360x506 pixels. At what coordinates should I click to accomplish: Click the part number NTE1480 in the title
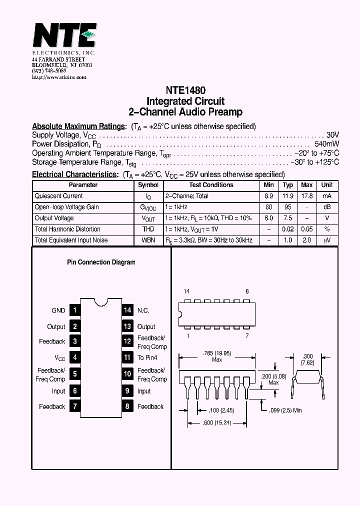pyautogui.click(x=185, y=91)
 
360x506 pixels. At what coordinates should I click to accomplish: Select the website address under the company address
pyautogui.click(x=59, y=77)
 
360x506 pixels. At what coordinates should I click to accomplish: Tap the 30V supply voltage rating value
pyautogui.click(x=332, y=135)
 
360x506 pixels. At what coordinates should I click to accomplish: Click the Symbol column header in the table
pyautogui.click(x=148, y=185)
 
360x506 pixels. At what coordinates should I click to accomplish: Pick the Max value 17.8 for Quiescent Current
pyautogui.click(x=306, y=196)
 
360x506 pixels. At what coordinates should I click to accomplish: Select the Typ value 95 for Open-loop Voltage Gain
pyautogui.click(x=288, y=207)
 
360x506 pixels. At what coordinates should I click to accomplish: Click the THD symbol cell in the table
pyautogui.click(x=148, y=229)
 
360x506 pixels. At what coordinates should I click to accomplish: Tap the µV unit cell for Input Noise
pyautogui.click(x=327, y=240)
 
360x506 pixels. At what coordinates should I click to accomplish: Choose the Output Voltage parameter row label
pyautogui.click(x=54, y=218)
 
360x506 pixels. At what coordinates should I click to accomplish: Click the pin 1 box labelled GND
pyautogui.click(x=74, y=310)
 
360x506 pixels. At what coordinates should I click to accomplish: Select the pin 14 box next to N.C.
pyautogui.click(x=127, y=310)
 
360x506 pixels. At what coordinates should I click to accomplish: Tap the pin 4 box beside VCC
pyautogui.click(x=74, y=357)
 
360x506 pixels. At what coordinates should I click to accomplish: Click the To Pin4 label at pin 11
pyautogui.click(x=147, y=357)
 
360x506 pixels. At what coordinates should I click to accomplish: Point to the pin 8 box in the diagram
pyautogui.click(x=127, y=406)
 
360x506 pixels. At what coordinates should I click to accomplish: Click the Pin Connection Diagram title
pyautogui.click(x=101, y=262)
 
